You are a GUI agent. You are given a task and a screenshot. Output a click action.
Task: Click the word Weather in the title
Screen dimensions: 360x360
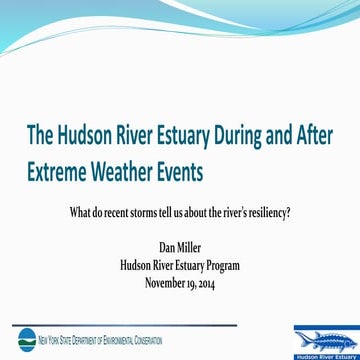click(128, 172)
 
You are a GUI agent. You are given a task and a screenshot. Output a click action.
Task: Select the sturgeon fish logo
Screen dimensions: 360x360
click(321, 338)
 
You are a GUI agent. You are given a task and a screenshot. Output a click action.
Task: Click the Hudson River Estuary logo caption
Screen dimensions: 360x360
click(321, 355)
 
